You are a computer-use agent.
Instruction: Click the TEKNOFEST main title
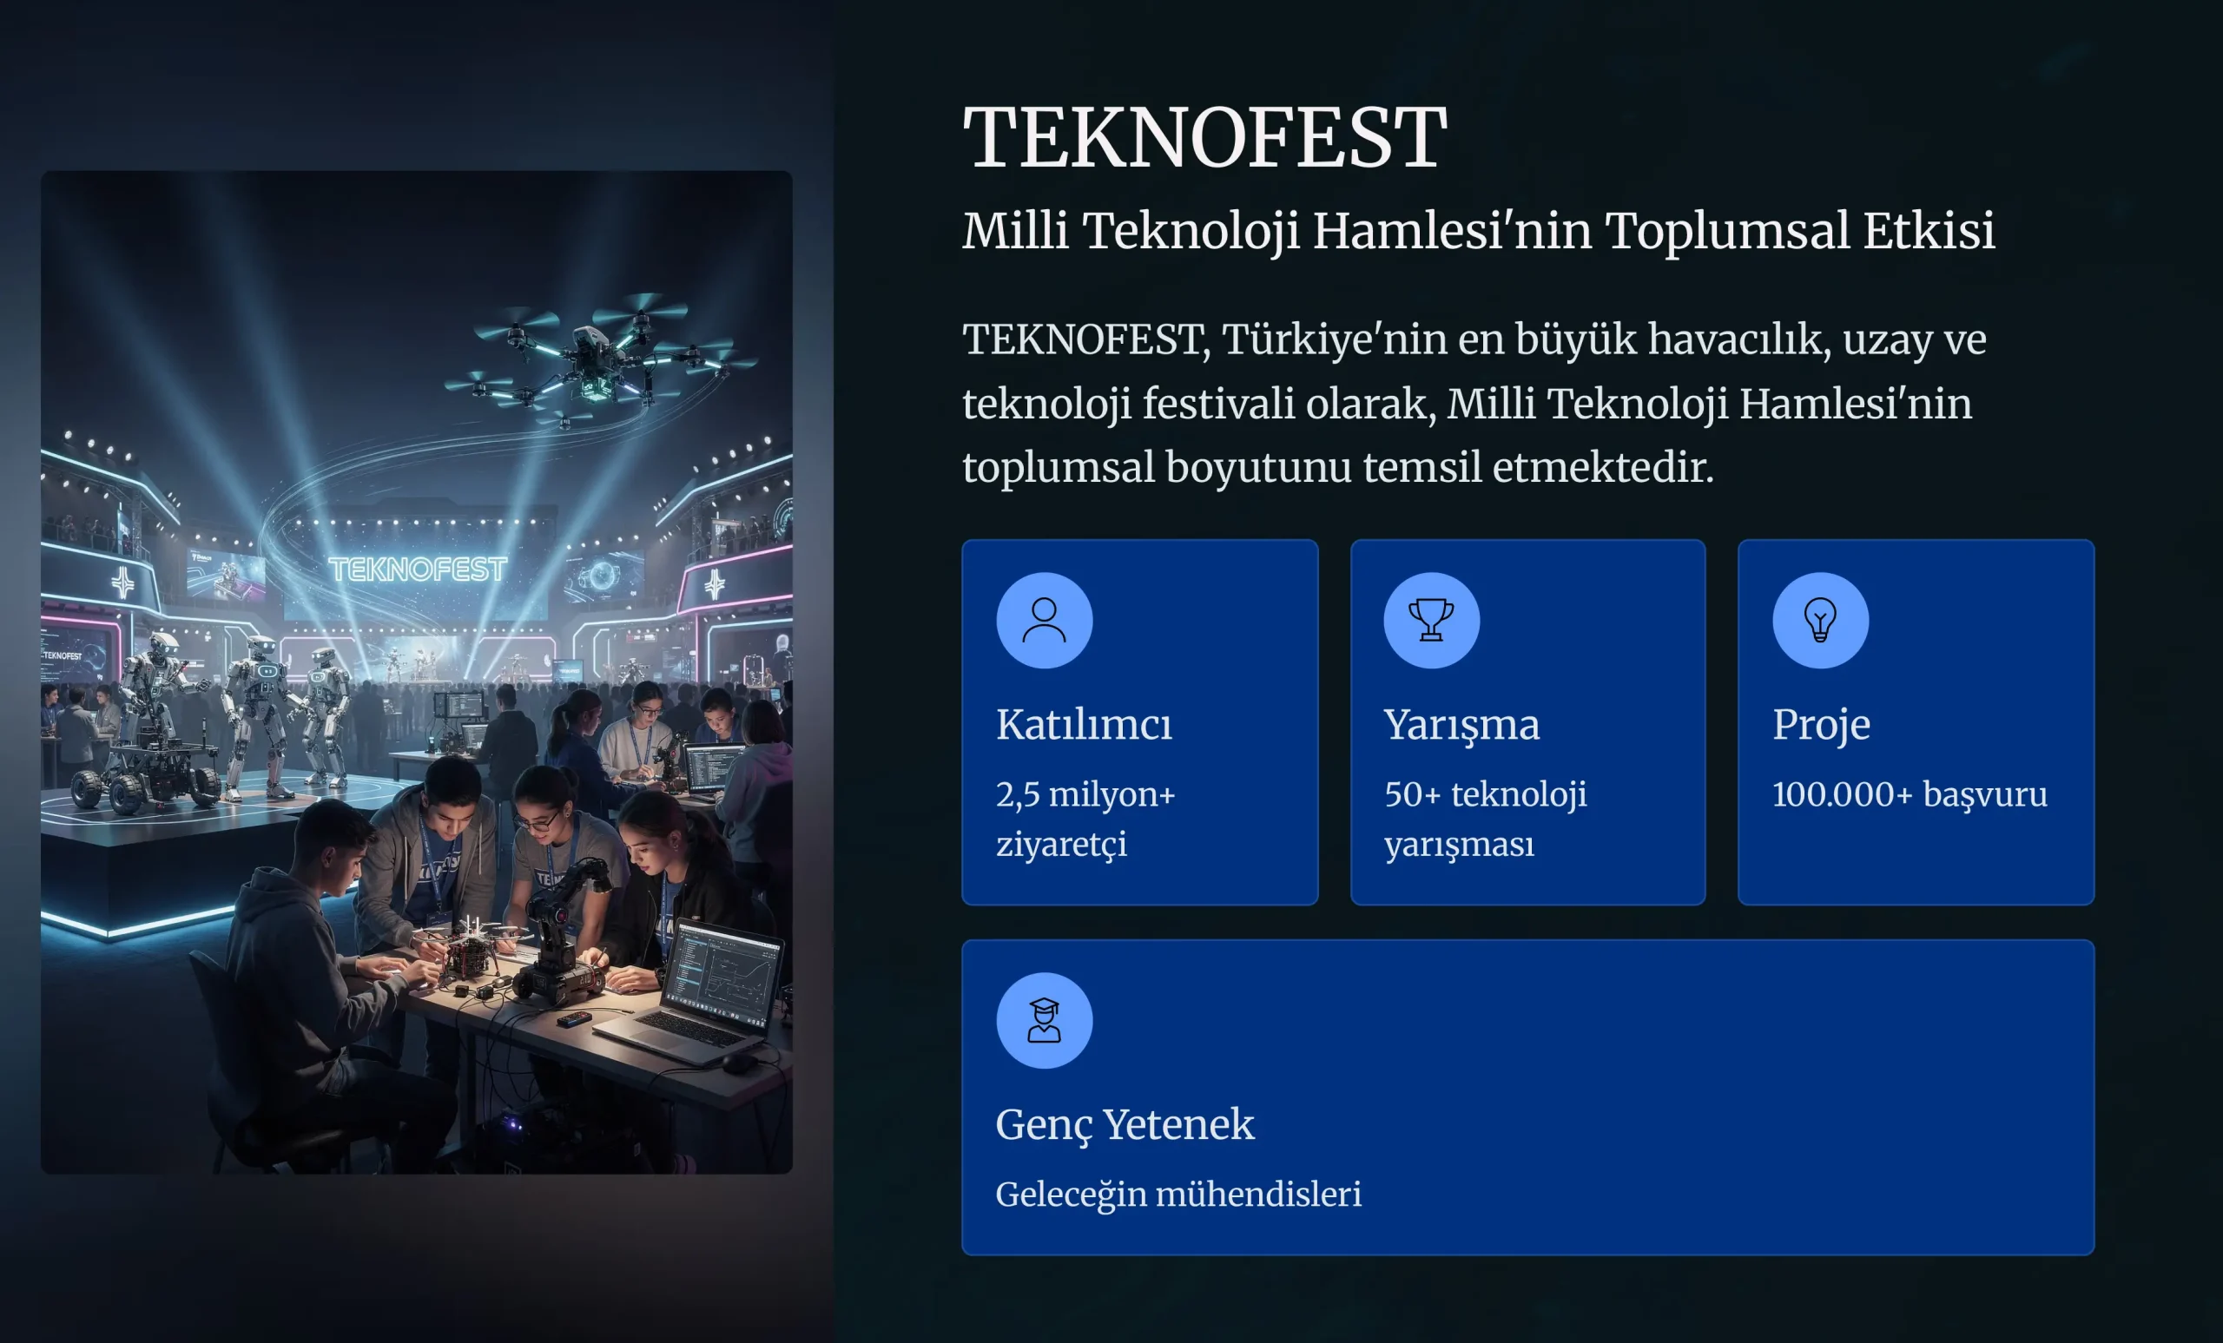pyautogui.click(x=1204, y=137)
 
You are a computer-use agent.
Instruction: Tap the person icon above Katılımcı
pyautogui.click(x=1044, y=621)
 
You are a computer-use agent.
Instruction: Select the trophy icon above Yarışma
pyautogui.click(x=1432, y=621)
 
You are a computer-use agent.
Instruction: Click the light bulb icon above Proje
pyautogui.click(x=1820, y=621)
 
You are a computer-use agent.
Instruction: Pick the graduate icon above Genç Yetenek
pyautogui.click(x=1044, y=1020)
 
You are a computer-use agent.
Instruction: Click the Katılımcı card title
pyautogui.click(x=1084, y=724)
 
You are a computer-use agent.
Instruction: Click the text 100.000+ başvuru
pyautogui.click(x=1909, y=794)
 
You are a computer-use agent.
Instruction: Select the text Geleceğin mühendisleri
pyautogui.click(x=1178, y=1195)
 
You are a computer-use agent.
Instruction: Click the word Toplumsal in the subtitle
pyautogui.click(x=1727, y=231)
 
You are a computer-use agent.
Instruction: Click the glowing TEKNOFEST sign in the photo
pyautogui.click(x=418, y=569)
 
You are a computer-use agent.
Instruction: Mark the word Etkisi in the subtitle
pyautogui.click(x=1929, y=231)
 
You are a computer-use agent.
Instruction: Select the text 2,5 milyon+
pyautogui.click(x=1085, y=795)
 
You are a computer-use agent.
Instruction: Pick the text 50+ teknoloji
pyautogui.click(x=1486, y=794)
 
